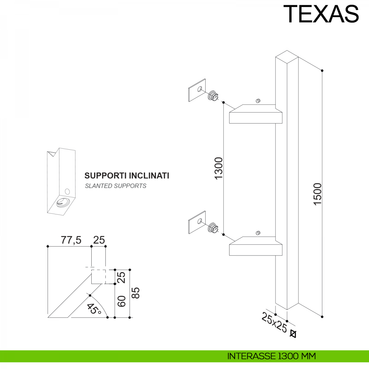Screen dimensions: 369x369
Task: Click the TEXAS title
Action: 321,14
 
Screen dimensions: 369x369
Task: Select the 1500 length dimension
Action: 317,194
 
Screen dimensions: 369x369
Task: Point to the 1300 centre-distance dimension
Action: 219,169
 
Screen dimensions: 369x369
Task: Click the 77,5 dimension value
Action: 71,240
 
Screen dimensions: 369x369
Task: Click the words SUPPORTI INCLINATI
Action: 127,176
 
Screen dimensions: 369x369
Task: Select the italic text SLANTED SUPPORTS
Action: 116,186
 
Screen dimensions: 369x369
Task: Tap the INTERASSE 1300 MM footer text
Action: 272,356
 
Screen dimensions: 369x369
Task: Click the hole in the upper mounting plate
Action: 200,89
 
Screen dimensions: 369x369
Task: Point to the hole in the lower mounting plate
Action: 200,221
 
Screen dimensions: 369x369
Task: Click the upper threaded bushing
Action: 213,95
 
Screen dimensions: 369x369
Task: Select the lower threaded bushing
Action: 213,228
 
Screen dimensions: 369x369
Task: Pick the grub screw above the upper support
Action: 258,101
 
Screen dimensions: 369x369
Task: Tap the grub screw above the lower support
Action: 258,233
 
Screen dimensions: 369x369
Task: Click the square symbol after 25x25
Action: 293,334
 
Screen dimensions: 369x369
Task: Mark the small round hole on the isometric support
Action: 67,192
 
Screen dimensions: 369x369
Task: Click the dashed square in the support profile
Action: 98,276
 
